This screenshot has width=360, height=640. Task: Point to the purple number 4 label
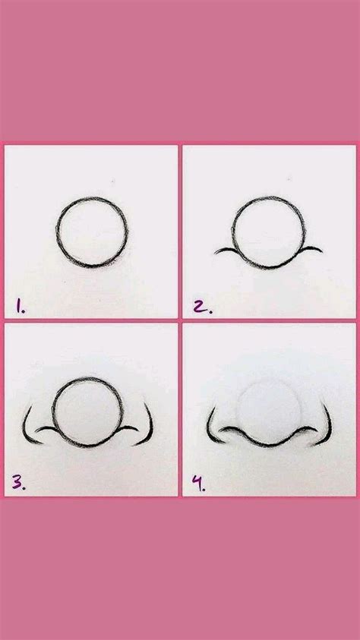tap(197, 483)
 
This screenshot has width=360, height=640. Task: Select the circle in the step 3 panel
tap(85, 410)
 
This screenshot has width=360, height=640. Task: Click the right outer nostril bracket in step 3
tap(147, 425)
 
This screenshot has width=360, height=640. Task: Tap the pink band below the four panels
tap(180, 569)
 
